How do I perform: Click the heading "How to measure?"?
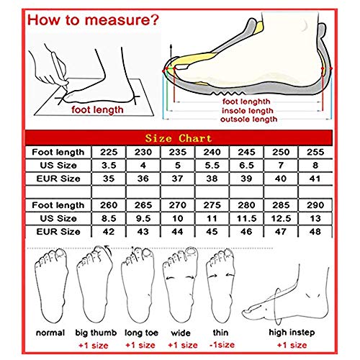click(93, 20)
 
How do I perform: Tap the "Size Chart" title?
click(179, 138)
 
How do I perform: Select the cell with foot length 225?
click(109, 152)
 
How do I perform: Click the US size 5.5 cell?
click(212, 166)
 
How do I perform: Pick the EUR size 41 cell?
click(315, 179)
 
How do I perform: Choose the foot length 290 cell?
click(315, 205)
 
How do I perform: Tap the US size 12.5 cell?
click(281, 218)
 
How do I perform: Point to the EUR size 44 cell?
click(178, 232)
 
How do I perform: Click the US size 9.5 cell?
click(143, 218)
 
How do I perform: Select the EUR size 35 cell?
click(109, 179)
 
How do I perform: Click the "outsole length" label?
click(248, 120)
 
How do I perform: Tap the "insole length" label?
click(248, 111)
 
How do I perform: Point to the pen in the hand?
click(60, 69)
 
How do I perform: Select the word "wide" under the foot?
click(181, 333)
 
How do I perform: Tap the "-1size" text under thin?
click(222, 345)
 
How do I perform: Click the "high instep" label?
click(292, 333)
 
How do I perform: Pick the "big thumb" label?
click(96, 333)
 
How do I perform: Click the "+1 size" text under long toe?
click(140, 345)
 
